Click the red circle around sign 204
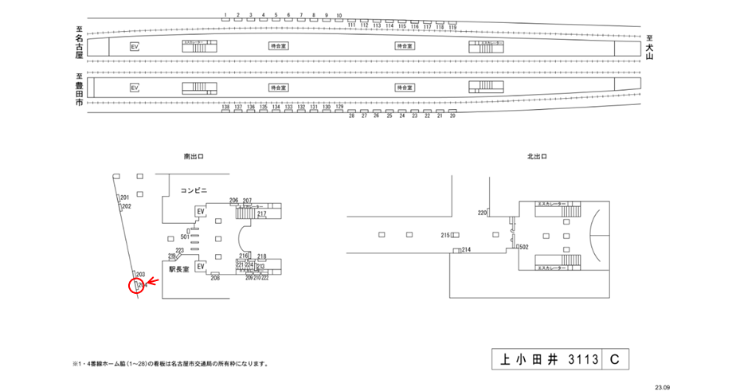136,284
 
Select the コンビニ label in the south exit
194,190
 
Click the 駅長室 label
178,269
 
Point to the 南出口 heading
194,158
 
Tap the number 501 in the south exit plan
184,237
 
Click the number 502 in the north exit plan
524,248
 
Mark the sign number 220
482,213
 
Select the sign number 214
466,250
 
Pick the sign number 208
215,278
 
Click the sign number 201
124,197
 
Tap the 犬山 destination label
649,48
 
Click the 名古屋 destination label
79,45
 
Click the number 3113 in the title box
582,360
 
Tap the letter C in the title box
614,360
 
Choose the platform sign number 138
226,106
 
